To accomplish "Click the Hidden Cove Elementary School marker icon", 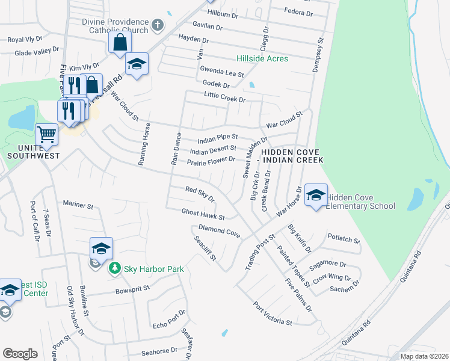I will click(316, 196).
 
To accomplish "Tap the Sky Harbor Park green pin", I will click(114, 269).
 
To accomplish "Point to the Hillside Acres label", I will click(262, 59).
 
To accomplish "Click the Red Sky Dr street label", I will click(200, 194).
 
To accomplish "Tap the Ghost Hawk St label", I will click(203, 214).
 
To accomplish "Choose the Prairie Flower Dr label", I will click(211, 161).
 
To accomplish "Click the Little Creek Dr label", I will click(225, 97).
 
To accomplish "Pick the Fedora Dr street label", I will click(299, 13).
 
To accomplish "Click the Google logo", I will click(20, 353).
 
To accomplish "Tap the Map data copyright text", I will click(424, 356).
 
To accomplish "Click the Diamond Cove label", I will click(220, 230).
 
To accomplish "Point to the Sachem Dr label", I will click(345, 286).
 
